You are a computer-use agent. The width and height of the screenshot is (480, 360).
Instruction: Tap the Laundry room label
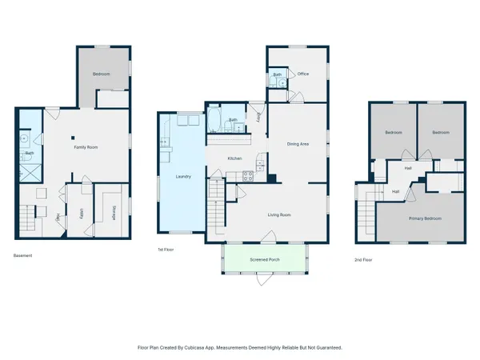(x=182, y=176)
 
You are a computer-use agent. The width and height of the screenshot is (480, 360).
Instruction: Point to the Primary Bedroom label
(x=426, y=218)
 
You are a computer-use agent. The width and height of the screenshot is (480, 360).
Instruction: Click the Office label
(x=302, y=74)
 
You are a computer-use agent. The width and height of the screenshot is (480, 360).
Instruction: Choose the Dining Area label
(x=298, y=144)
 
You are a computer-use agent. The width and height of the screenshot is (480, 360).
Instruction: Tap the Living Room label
(x=278, y=214)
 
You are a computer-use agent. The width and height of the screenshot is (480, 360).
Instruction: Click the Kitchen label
(x=234, y=158)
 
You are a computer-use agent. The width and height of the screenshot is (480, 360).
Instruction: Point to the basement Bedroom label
(x=101, y=74)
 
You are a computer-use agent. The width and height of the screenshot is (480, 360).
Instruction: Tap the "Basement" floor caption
(x=24, y=256)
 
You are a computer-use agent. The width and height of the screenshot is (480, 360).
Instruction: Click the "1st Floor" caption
(x=166, y=251)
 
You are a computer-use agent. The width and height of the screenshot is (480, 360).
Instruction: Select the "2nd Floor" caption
(x=363, y=260)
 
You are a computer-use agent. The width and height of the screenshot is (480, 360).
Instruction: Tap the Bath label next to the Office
(x=277, y=74)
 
